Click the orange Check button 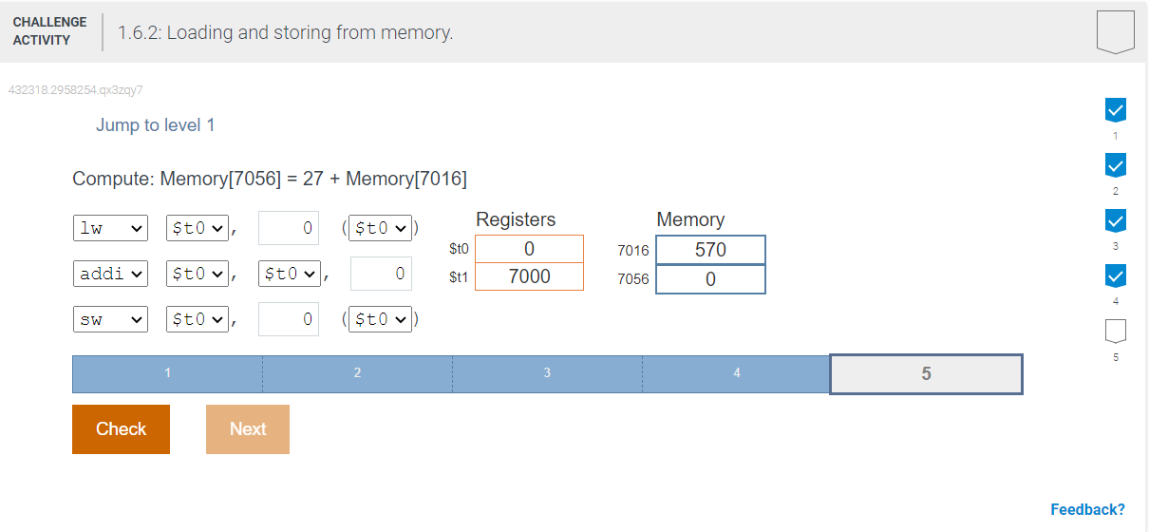[121, 429]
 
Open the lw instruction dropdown [110, 228]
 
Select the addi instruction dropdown [110, 274]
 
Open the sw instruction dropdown [110, 319]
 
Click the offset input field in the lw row [289, 228]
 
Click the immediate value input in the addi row [381, 274]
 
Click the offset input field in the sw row [289, 319]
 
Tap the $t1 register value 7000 [529, 276]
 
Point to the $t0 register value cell [529, 249]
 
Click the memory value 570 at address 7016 [710, 250]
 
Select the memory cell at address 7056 [710, 279]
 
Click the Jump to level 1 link [155, 125]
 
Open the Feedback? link [1087, 509]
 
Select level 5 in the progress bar [926, 374]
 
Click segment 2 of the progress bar [357, 374]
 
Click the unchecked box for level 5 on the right [1115, 331]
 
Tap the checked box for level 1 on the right [1115, 110]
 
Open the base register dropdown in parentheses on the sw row [380, 319]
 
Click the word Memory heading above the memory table [690, 219]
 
